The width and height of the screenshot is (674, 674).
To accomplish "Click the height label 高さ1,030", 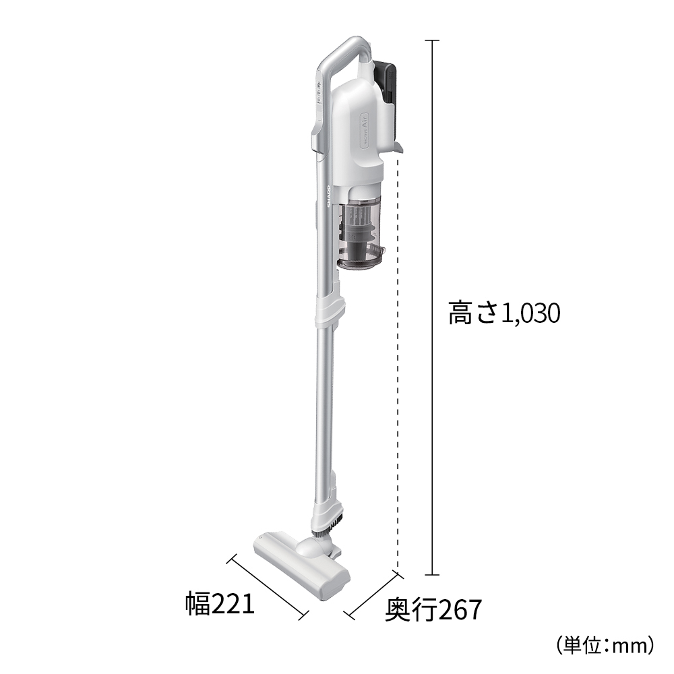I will (504, 313).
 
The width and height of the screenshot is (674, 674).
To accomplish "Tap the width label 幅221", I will (220, 604).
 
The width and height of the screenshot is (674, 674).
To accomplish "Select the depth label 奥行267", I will (433, 611).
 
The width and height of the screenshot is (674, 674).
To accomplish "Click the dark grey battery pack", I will (388, 81).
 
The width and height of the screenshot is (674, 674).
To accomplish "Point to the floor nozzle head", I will (301, 562).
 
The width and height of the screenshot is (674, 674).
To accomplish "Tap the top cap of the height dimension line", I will (431, 40).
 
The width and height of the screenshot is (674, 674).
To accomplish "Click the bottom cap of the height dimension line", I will (431, 575).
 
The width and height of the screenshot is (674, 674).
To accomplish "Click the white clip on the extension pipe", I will (330, 309).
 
